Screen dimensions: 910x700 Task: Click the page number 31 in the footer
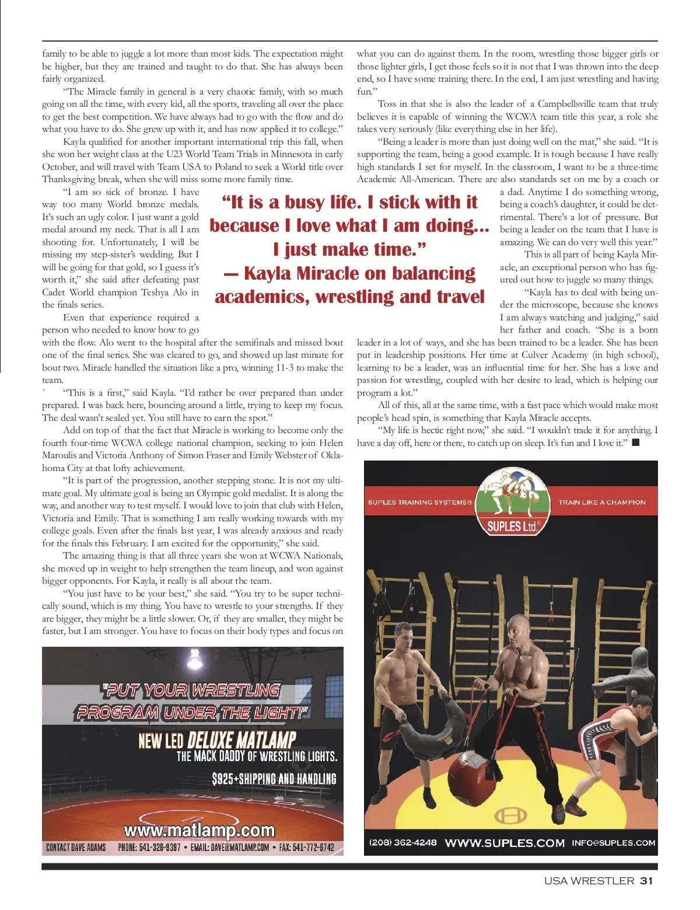pyautogui.click(x=646, y=881)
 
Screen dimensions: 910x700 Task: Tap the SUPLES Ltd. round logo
pyautogui.click(x=513, y=501)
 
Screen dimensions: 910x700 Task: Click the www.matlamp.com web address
pyautogui.click(x=199, y=830)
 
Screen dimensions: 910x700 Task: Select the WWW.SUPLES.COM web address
pyautogui.click(x=505, y=843)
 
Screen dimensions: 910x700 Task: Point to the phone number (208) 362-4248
pyautogui.click(x=402, y=842)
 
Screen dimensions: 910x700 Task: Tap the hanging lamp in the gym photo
pyautogui.click(x=194, y=660)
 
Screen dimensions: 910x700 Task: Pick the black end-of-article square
pyautogui.click(x=635, y=442)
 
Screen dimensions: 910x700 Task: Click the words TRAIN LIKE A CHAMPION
pyautogui.click(x=602, y=502)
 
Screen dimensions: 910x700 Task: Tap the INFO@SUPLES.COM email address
pyautogui.click(x=613, y=843)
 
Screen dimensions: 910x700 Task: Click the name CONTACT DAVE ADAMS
pyautogui.click(x=76, y=847)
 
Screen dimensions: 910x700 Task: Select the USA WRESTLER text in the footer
pyautogui.click(x=589, y=881)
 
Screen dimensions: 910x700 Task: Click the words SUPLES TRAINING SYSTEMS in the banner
pyautogui.click(x=419, y=502)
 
